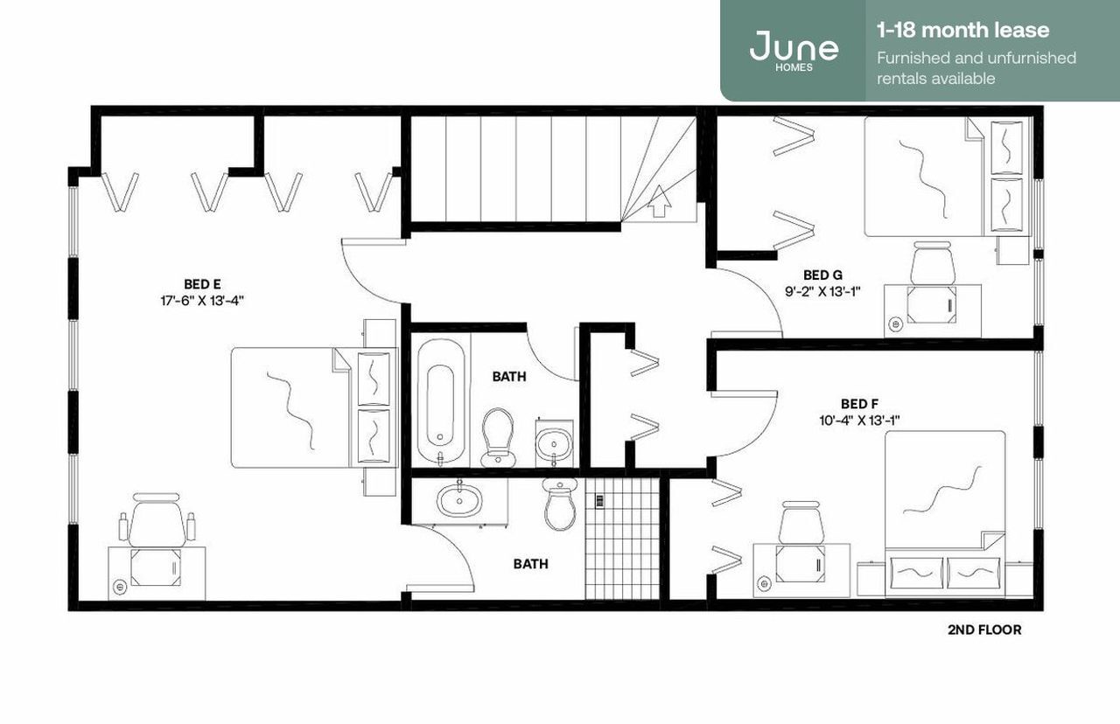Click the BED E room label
(x=201, y=284)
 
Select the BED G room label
(x=822, y=275)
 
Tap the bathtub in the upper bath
(x=436, y=403)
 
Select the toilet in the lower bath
(x=560, y=504)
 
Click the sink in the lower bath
(x=458, y=501)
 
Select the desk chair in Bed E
(x=157, y=520)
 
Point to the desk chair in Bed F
(x=801, y=524)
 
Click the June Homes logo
(x=793, y=49)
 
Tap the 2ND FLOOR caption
(x=983, y=630)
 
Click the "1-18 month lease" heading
(x=962, y=31)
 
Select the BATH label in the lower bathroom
(x=530, y=564)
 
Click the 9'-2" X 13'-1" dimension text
(x=822, y=291)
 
